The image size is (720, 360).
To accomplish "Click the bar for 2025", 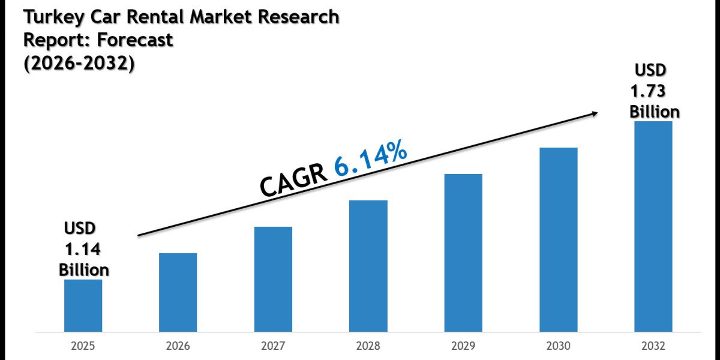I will click(83, 305).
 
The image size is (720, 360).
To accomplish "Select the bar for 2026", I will click(178, 292).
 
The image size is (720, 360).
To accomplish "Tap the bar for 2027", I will click(273, 279).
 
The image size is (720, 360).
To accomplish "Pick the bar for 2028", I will click(368, 266).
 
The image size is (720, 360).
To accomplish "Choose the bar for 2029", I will click(463, 253).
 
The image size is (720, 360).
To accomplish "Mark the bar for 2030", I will click(559, 239).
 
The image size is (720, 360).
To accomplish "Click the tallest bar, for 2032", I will click(653, 226).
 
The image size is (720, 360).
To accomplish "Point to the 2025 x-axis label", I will click(83, 347).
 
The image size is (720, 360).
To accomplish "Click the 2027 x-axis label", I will click(273, 347).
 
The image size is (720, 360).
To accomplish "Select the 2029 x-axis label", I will click(463, 347).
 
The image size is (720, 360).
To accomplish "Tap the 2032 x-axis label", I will click(653, 347).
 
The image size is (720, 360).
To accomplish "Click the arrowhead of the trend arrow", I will click(594, 113).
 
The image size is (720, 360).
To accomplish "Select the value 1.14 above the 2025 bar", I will click(84, 248).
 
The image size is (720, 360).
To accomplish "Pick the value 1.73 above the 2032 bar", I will click(647, 91).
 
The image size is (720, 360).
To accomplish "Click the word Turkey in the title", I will click(52, 18).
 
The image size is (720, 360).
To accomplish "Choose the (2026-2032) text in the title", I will click(78, 63).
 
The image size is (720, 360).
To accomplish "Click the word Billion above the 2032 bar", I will click(655, 112).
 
